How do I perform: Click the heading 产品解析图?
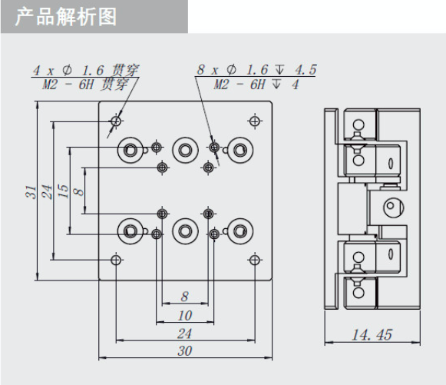[66, 17]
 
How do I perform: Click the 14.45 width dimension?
[372, 334]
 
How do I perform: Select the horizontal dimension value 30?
[185, 351]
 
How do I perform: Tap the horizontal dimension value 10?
[185, 316]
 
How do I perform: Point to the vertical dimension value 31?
[31, 192]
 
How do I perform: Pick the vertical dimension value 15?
[63, 191]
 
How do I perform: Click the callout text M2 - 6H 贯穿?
[85, 85]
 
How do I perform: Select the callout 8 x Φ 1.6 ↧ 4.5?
[256, 70]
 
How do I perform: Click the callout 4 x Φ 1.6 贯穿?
[86, 71]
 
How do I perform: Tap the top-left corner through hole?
[116, 121]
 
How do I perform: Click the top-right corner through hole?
[255, 121]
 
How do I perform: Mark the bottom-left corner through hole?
[116, 260]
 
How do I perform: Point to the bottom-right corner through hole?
[255, 260]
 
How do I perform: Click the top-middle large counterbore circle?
[185, 150]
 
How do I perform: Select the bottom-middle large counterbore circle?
[185, 231]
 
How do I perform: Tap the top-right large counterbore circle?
[240, 150]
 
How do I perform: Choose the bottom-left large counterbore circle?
[130, 231]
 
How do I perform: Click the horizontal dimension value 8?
[185, 297]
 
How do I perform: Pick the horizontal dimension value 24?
[184, 334]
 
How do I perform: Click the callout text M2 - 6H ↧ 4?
[256, 85]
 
